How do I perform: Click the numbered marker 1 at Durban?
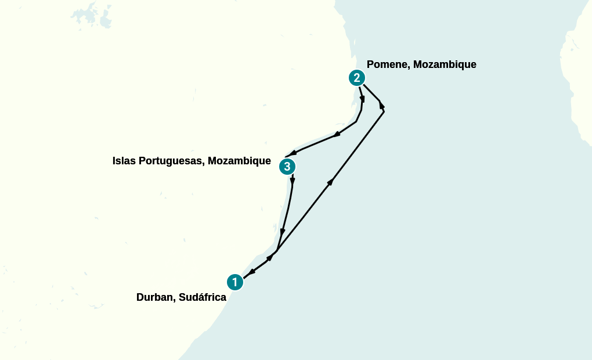pos(234,282)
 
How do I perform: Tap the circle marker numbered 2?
pos(356,78)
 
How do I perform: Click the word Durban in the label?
pos(155,297)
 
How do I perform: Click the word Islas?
pos(125,161)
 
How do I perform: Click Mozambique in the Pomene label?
pos(445,64)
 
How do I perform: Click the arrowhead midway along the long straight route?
pos(330,182)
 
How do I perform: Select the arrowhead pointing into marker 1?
pos(252,272)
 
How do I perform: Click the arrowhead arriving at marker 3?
pos(293,153)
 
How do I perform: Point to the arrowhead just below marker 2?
pos(362,99)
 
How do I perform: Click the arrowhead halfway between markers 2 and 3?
pos(337,135)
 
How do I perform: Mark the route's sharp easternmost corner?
pos(384,110)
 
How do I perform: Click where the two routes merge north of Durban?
pos(277,251)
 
